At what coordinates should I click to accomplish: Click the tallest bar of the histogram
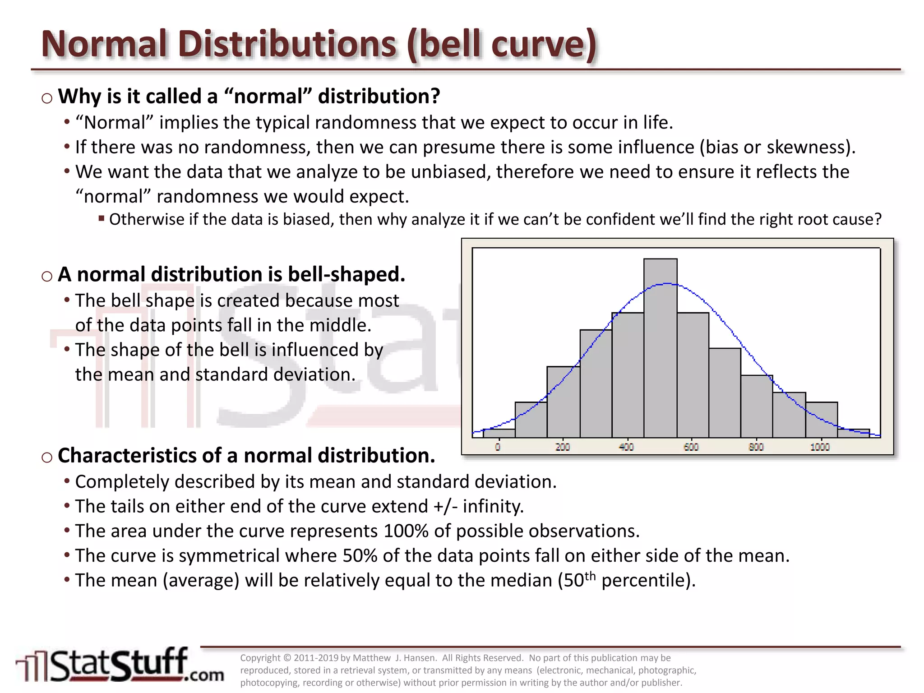coord(660,347)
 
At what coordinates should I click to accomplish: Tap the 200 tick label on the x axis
coord(562,447)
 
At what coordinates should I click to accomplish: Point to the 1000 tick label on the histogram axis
coord(820,447)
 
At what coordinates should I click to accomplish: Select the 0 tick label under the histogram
coord(498,447)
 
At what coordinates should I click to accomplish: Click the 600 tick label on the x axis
coord(691,447)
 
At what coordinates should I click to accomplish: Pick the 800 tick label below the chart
coord(756,447)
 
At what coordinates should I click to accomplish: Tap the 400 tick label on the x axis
coord(626,447)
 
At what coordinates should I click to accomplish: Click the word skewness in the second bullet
coord(808,148)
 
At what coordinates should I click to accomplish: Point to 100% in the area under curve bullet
coord(406,531)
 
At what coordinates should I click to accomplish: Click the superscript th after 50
coord(590,576)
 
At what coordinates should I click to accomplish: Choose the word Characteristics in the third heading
coord(127,456)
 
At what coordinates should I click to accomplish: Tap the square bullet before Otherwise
coord(102,219)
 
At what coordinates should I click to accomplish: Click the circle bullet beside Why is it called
coord(47,98)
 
